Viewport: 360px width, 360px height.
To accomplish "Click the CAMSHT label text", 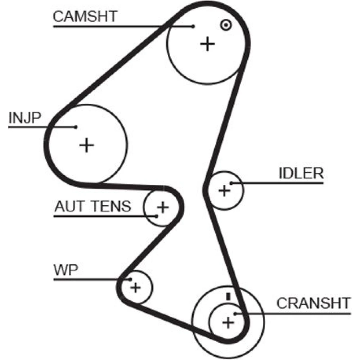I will (85, 17).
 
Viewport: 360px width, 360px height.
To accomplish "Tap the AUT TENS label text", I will (93, 207).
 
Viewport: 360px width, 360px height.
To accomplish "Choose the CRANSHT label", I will (313, 303).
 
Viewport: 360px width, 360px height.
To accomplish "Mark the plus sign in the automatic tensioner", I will (163, 207).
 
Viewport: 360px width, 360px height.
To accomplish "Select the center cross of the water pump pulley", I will (136, 287).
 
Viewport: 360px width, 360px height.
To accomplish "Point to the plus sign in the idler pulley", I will (224, 190).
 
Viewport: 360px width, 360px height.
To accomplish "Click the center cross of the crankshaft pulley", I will (228, 322).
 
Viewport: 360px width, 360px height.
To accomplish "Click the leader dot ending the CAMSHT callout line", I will (193, 26).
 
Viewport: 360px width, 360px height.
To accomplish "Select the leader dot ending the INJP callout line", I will (76, 127).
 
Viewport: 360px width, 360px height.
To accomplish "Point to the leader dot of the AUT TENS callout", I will (157, 216).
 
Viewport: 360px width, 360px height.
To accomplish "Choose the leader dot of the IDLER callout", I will (232, 183).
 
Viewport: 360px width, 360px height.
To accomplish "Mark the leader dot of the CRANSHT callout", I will (235, 314).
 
